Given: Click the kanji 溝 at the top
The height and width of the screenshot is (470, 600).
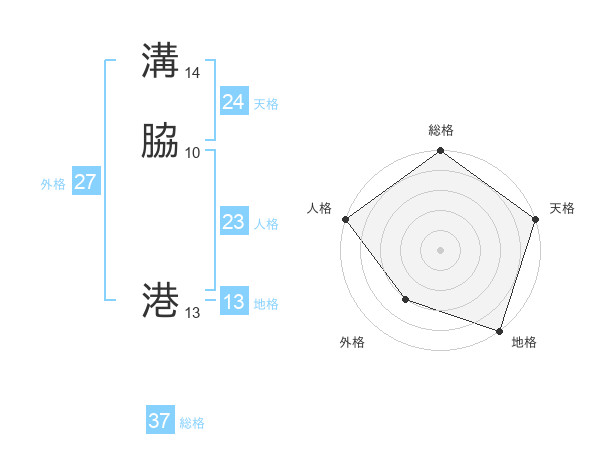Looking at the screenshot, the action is point(161,61).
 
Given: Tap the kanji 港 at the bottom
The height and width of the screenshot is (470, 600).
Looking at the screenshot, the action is point(161,300).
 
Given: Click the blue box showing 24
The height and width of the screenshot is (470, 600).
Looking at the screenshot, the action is point(233,102).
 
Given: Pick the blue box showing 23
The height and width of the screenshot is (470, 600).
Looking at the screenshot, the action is point(233,222).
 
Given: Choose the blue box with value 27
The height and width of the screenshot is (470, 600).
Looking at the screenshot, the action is point(85,181).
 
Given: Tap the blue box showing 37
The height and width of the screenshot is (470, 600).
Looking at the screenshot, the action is point(159,421).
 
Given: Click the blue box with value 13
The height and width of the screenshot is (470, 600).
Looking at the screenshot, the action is point(233,302).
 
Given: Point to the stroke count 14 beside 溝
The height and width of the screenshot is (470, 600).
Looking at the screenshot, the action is point(193,73).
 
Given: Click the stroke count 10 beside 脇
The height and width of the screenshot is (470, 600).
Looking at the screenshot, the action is point(193,153).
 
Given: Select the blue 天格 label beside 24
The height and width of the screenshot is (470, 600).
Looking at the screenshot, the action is point(266,104).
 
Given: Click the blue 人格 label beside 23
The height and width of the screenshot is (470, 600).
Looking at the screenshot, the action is point(266,224).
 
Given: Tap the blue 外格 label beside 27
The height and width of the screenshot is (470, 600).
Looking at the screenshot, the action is point(53,184).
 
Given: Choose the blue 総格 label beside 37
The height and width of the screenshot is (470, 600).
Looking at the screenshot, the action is point(192,423).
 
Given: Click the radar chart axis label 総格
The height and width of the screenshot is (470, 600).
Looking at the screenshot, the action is point(441,130).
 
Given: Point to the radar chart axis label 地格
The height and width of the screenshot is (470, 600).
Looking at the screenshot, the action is point(524,342).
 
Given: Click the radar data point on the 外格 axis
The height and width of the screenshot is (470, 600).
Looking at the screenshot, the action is point(405,299).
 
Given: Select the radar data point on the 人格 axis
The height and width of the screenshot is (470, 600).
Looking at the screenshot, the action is point(345,219).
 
